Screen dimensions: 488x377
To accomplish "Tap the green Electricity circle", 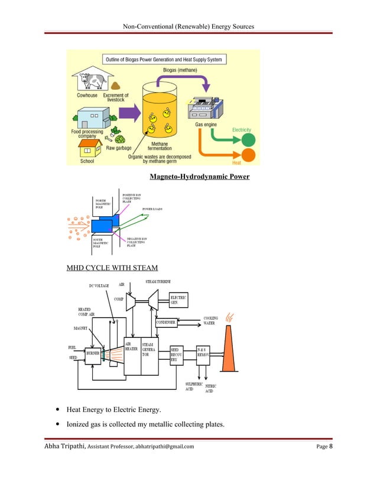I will (x=249, y=141).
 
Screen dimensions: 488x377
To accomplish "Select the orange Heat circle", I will (x=249, y=155).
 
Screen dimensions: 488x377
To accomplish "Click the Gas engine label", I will (x=207, y=125).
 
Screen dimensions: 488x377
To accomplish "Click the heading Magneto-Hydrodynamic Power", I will (x=199, y=177).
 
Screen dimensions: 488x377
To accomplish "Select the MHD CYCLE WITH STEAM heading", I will (x=112, y=268).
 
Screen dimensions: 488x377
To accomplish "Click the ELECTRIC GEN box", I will (x=178, y=300).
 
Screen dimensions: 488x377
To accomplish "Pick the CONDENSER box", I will (x=167, y=323).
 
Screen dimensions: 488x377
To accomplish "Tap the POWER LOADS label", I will (x=152, y=209).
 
